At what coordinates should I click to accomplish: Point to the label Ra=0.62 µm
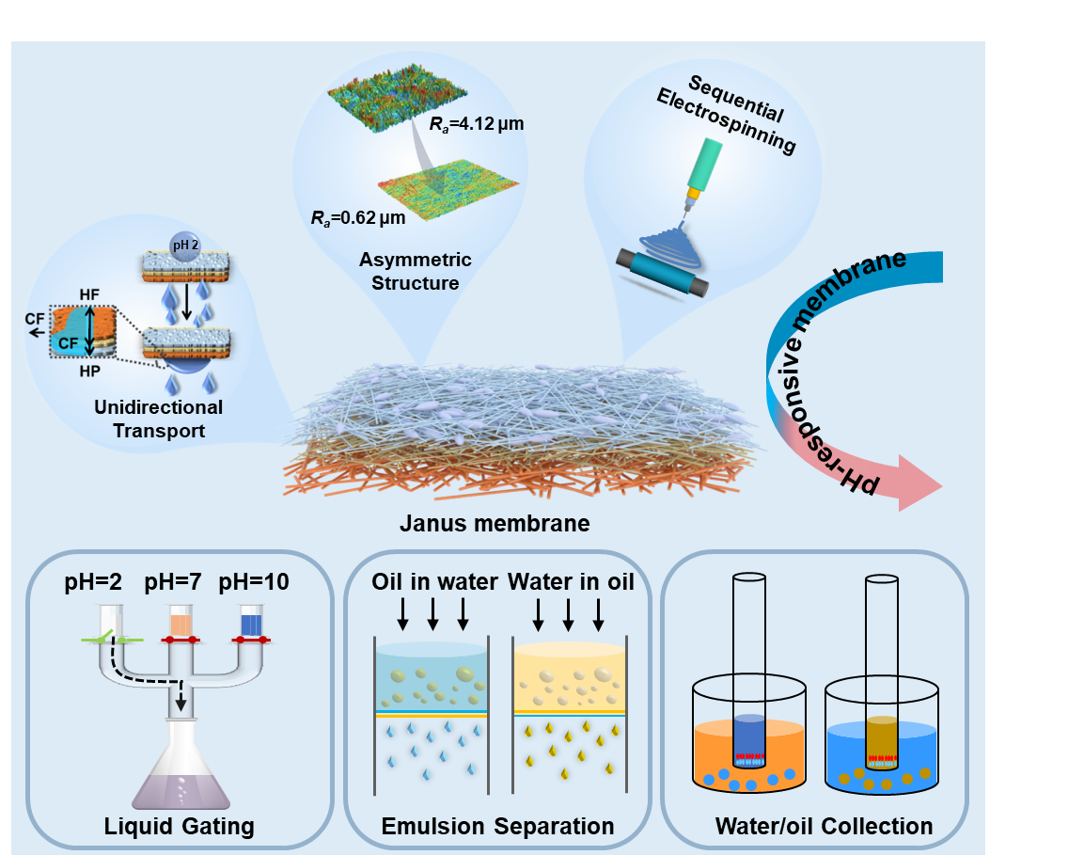pyautogui.click(x=358, y=218)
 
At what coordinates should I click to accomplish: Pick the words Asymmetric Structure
pyautogui.click(x=416, y=271)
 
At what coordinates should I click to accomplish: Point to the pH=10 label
pyautogui.click(x=254, y=582)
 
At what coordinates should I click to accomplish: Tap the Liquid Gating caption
pyautogui.click(x=179, y=827)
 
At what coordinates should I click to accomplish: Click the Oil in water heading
pyautogui.click(x=434, y=582)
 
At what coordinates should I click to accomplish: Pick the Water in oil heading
pyautogui.click(x=571, y=582)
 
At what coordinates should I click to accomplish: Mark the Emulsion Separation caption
pyautogui.click(x=497, y=827)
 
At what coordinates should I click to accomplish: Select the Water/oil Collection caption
pyautogui.click(x=824, y=827)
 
